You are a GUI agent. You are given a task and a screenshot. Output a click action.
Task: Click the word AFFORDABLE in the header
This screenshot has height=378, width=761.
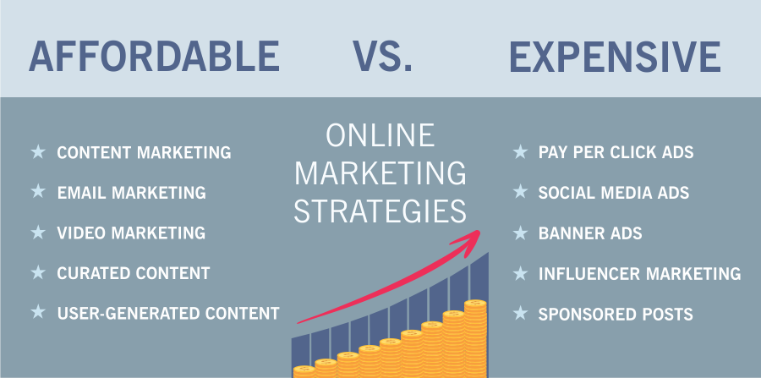coord(154,57)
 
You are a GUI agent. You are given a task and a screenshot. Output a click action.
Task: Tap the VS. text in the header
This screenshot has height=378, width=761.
coord(382,57)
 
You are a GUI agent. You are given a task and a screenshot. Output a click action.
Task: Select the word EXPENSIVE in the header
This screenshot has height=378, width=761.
coord(615,57)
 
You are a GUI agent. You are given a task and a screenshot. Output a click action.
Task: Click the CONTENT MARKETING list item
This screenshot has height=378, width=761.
coord(144,152)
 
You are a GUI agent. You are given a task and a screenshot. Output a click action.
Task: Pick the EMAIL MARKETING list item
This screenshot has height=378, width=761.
coord(132,193)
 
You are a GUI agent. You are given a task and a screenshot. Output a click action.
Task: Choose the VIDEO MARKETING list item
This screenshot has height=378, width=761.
coord(131,233)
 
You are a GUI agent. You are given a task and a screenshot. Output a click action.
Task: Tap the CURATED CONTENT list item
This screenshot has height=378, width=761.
coord(134,272)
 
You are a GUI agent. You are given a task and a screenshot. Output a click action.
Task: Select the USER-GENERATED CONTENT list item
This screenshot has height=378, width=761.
coord(168,313)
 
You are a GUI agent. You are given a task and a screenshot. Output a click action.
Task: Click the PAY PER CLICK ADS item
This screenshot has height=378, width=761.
coord(616,152)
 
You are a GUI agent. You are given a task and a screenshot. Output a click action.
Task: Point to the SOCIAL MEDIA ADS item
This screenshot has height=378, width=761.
coord(614,193)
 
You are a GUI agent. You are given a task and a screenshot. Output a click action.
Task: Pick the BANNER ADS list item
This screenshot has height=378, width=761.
coord(590,233)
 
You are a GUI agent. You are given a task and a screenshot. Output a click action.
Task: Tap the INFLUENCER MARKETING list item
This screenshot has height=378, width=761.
coord(640,273)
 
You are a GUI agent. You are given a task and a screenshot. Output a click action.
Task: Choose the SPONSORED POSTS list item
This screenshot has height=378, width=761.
coord(616,314)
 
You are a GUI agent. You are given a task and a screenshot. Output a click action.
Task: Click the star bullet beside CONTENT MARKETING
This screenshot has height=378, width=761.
coord(38,152)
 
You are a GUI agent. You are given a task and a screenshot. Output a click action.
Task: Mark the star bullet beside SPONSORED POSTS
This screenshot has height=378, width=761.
coord(520,313)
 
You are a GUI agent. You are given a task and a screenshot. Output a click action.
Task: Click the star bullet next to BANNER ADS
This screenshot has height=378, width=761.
coord(520,233)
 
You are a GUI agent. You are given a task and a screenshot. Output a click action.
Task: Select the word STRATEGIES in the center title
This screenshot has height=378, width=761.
coord(380,211)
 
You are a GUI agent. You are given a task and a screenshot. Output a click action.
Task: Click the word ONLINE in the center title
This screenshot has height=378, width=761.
coord(380,135)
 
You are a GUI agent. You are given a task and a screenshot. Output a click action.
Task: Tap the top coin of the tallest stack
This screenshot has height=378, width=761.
coord(475,304)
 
